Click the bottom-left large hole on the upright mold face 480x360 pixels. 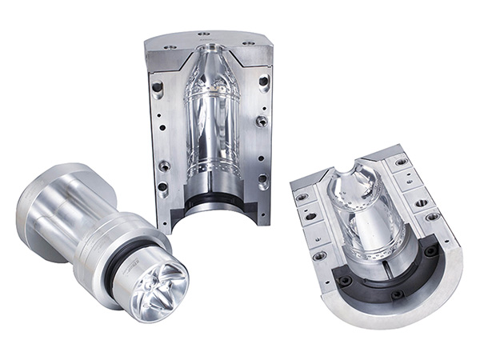click(x=164, y=166)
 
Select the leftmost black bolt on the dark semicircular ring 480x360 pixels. click(x=346, y=282)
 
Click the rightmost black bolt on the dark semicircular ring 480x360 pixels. click(x=432, y=251)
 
